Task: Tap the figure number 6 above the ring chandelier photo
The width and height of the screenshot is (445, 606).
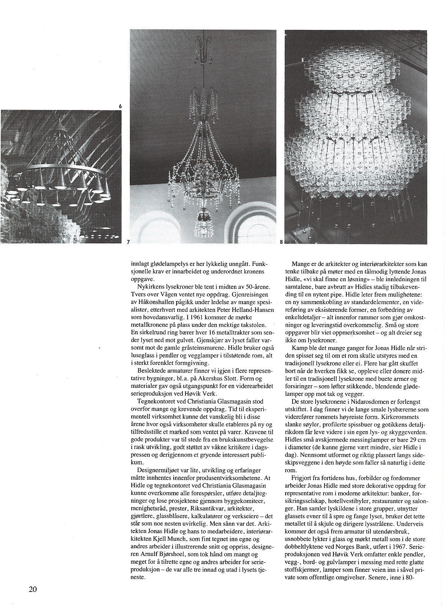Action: (120, 107)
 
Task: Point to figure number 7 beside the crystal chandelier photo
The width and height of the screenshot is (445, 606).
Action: (128, 242)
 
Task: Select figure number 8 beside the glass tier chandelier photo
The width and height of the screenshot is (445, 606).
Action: (281, 242)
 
